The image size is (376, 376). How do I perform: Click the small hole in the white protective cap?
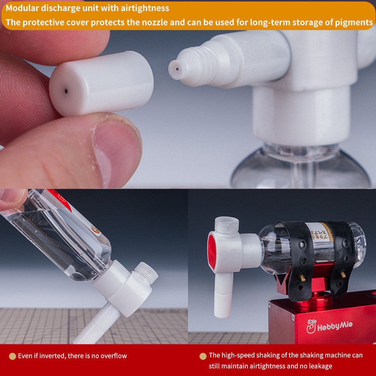click(x=66, y=91)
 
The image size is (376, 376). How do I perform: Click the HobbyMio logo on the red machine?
click(x=330, y=325)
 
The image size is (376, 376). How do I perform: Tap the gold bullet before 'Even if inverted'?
click(x=12, y=356)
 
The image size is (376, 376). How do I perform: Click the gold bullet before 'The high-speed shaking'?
click(x=203, y=356)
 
